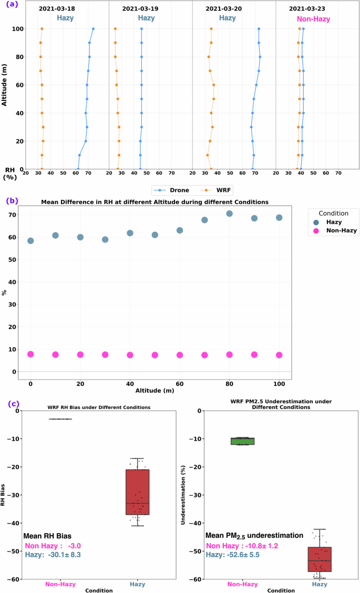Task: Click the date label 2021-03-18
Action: click(x=57, y=9)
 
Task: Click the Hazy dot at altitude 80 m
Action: click(x=229, y=213)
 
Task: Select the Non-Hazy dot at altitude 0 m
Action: click(x=30, y=354)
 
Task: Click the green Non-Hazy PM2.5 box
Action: click(x=243, y=441)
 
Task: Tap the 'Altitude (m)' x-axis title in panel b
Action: click(x=155, y=391)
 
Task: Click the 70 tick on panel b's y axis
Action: click(x=12, y=214)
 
